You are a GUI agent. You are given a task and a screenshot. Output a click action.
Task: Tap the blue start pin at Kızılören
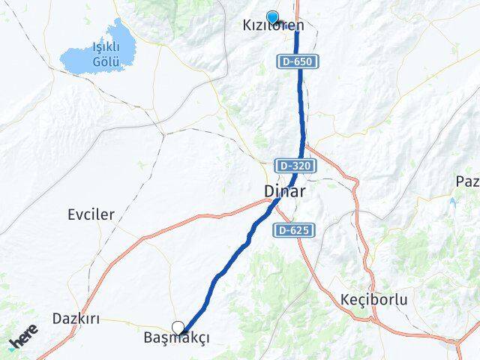tap(272, 17)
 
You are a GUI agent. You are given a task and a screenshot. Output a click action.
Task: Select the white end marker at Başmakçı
tap(178, 327)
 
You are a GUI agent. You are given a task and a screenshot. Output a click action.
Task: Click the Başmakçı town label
tap(176, 338)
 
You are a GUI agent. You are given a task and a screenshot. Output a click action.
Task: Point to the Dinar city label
tap(285, 192)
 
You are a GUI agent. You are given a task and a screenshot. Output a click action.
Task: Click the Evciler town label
tap(91, 214)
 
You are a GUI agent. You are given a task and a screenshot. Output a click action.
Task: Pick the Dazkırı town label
tap(76, 318)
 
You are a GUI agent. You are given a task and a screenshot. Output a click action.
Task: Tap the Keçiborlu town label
tap(373, 300)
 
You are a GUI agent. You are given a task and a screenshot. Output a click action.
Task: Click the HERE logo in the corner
tap(22, 337)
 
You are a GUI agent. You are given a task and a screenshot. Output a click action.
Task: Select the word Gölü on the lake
tap(104, 61)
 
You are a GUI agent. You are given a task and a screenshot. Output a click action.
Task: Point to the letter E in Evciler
tap(71, 214)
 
